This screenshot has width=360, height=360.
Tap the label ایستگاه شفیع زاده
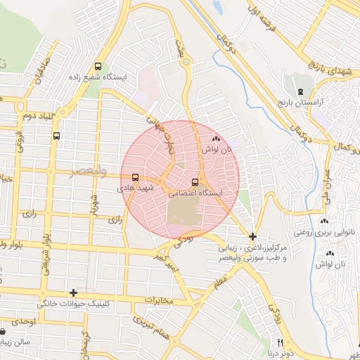pos(98,77)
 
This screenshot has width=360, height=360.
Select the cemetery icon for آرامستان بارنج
pos(301,92)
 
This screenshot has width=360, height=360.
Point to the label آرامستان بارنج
pos(301,103)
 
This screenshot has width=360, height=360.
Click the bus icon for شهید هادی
pos(135,179)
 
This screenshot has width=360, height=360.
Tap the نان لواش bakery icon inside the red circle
pos(216,140)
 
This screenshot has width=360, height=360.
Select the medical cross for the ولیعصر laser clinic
pos(252,237)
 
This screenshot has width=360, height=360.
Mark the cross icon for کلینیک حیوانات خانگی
pos(73,292)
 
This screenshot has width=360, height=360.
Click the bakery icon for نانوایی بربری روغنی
pos(324,220)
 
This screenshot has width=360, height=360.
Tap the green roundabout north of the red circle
pos(186,63)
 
